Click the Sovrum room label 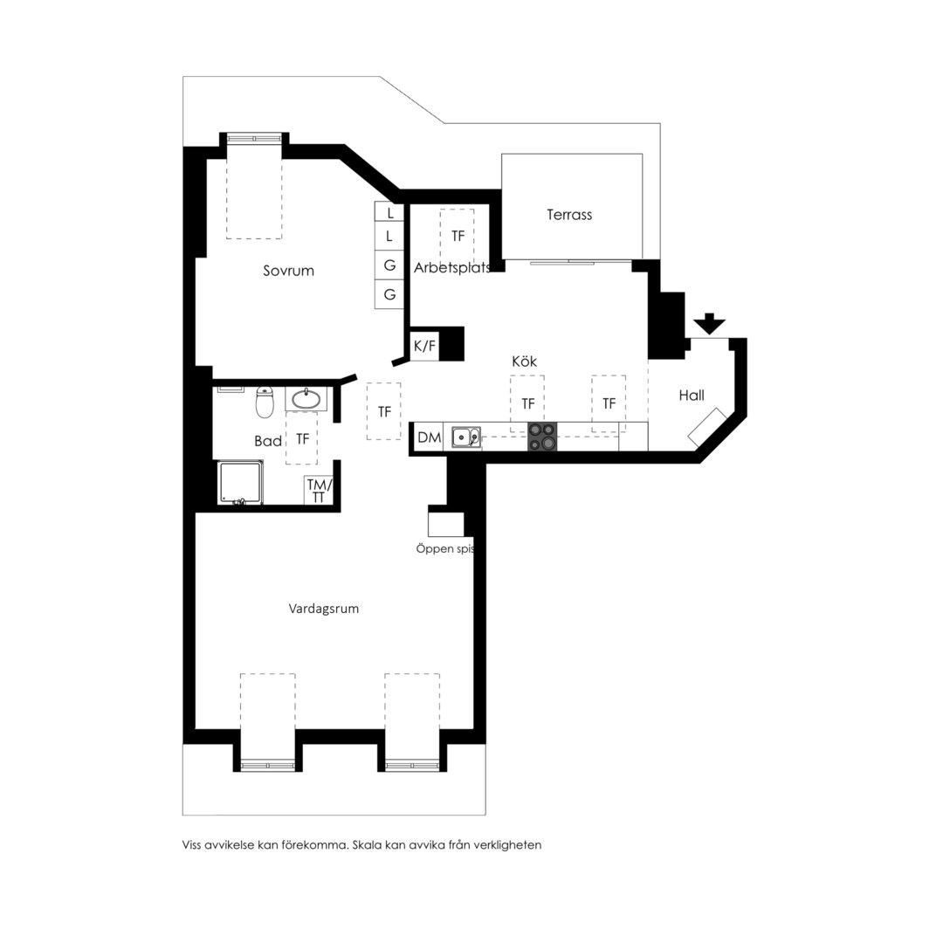coord(289,271)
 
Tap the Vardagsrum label coord(324,609)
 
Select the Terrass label coord(569,215)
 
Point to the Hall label coord(692,396)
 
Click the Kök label coord(525,361)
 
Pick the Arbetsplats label coord(452,268)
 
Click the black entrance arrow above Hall coord(710,324)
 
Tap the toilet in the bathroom coord(265,402)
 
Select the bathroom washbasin coord(306,399)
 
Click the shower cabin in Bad coord(240,482)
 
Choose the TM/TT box coord(319,490)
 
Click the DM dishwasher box coord(429,437)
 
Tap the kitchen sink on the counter coord(466,437)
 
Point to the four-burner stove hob coord(542,437)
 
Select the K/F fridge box coord(424,346)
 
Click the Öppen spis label coord(445,549)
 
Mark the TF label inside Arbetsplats coord(458,237)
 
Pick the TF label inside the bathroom coord(302,439)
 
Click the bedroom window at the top coord(254,138)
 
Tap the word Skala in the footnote coord(367,845)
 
